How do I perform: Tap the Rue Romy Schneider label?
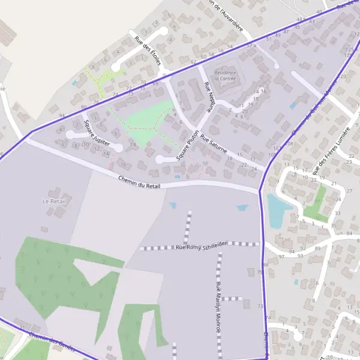point(201,246)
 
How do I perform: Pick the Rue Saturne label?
point(214,144)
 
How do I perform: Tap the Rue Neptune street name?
point(209,97)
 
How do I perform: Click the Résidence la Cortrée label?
point(225,76)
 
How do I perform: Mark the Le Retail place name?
point(54,201)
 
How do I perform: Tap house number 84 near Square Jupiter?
point(61,115)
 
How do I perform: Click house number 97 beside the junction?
point(282,257)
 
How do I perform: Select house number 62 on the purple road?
point(193,62)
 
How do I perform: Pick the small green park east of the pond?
point(316,203)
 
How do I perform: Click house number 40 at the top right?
point(319,12)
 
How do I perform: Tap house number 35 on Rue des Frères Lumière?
point(334,226)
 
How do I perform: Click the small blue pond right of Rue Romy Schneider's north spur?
point(242,208)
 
